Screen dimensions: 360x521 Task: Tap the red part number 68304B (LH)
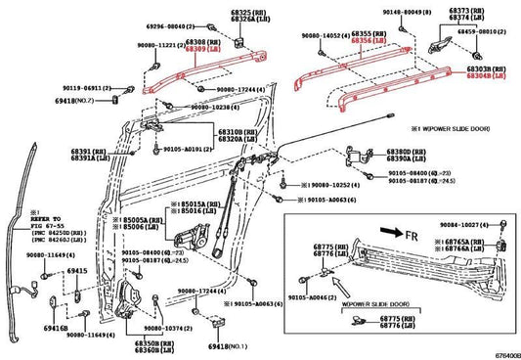point(486,74)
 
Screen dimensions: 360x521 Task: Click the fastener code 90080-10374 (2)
point(174,329)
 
